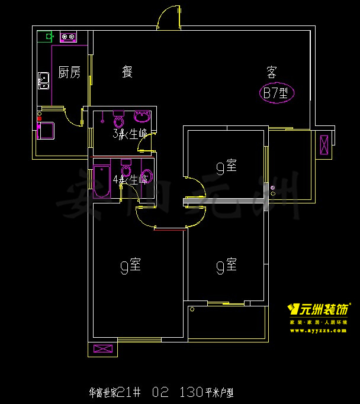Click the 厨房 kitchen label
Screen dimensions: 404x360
pos(69,73)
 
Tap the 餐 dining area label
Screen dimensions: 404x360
pos(127,72)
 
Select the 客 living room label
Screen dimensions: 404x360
pos(272,72)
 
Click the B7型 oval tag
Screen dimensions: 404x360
pos(276,93)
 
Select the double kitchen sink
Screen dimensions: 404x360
pos(43,80)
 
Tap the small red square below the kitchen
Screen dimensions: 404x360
pos(39,118)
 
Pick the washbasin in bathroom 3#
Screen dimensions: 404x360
pos(143,115)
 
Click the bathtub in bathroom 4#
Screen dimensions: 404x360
pos(101,182)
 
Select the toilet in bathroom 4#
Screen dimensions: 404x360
pos(126,167)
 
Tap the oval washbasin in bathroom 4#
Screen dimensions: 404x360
pos(148,176)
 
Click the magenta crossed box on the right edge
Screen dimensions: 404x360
pos(324,144)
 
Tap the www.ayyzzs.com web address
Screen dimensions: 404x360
pos(318,331)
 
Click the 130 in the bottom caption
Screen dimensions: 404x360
pos(189,392)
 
